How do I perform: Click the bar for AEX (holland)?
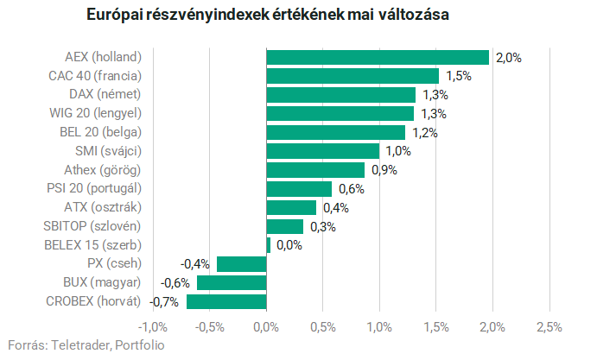click(378, 57)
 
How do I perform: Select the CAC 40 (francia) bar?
click(352, 76)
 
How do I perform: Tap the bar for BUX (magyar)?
click(232, 282)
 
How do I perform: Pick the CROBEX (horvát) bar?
click(226, 302)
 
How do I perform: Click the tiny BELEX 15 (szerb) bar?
click(269, 245)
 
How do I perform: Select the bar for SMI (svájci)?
click(323, 151)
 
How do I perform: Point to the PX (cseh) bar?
click(242, 264)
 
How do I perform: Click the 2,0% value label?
click(509, 58)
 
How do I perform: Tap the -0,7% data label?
click(164, 302)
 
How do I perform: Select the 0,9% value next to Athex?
click(384, 170)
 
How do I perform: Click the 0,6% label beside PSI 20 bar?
click(352, 189)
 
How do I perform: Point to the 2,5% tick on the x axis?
click(549, 327)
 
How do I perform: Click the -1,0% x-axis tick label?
click(153, 327)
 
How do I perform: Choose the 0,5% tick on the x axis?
click(323, 327)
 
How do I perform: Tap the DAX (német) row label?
click(105, 95)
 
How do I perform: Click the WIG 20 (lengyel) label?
click(95, 113)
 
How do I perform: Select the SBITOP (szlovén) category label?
click(92, 226)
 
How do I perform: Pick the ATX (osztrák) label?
click(103, 207)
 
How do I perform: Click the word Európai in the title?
click(115, 15)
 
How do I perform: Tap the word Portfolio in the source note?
click(140, 345)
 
